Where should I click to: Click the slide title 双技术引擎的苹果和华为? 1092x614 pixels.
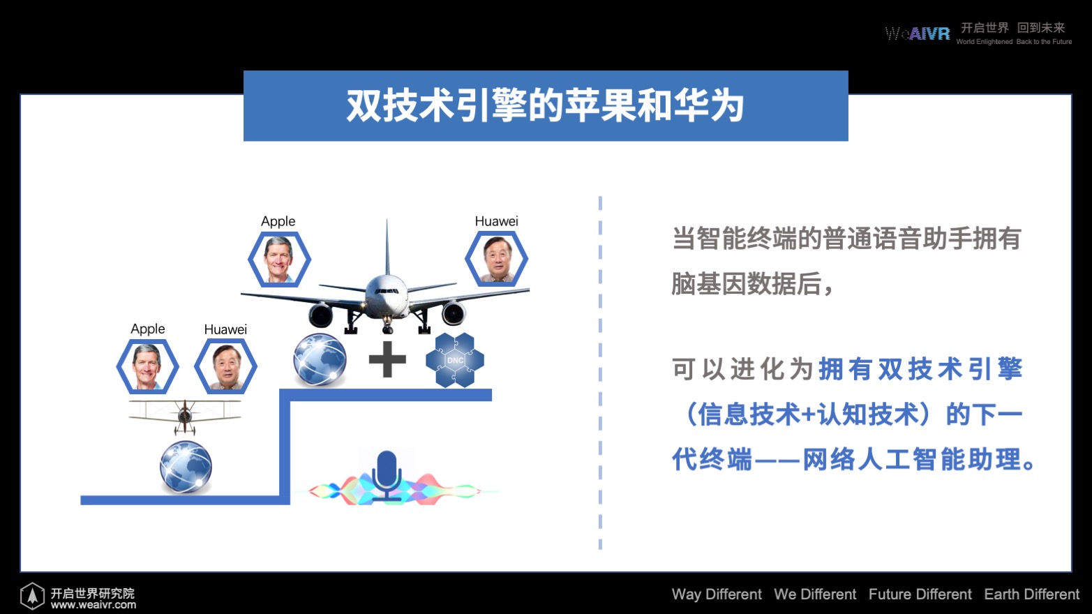tap(545, 105)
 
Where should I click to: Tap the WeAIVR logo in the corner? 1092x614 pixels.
tap(918, 33)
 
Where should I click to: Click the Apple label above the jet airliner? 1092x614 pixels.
tap(278, 221)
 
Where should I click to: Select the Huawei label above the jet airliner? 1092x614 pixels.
tap(496, 221)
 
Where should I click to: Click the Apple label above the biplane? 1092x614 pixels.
tap(148, 329)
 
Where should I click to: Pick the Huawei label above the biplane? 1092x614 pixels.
tap(225, 329)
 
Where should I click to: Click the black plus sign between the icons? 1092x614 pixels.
tap(387, 359)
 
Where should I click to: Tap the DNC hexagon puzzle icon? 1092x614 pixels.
tap(455, 360)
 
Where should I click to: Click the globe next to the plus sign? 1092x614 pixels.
tap(320, 359)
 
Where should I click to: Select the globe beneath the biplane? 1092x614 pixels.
tap(186, 467)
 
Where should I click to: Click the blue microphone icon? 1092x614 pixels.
tap(387, 475)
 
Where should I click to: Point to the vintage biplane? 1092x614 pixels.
tap(185, 416)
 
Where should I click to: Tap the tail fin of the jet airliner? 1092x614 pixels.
tap(387, 246)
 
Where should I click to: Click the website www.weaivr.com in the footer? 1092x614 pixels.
tap(94, 605)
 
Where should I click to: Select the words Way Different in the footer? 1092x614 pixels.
tap(717, 594)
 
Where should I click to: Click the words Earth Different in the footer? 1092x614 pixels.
tap(1031, 594)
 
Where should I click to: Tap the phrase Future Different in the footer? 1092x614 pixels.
tap(920, 594)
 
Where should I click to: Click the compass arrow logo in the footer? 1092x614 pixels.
tap(32, 596)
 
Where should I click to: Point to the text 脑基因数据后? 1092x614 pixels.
tap(747, 283)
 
